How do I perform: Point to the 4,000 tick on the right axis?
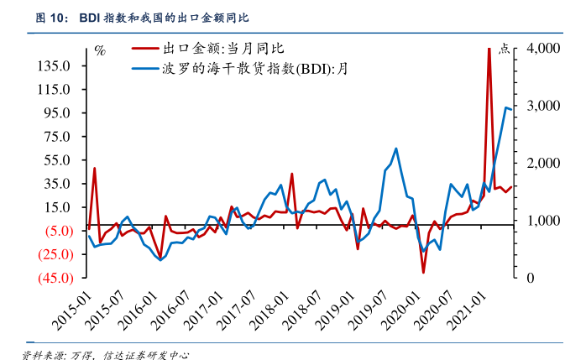pos(542,49)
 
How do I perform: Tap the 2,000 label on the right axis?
pos(542,164)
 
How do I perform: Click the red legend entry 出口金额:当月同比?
pos(227,50)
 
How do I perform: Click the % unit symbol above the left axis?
pos(100,51)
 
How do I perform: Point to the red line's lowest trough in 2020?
pos(423,272)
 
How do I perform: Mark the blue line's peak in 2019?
pos(395,149)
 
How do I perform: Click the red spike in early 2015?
pos(94,168)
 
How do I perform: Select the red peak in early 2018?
pos(291,174)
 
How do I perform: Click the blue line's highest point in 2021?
pos(505,107)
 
